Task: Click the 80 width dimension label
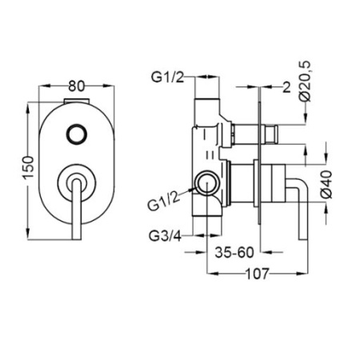[76, 86]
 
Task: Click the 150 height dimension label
[29, 168]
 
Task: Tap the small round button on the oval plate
[77, 134]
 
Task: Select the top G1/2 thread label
[168, 78]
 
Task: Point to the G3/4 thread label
[165, 236]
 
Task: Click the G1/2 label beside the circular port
[163, 202]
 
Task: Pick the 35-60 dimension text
[234, 252]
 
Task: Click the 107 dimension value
[257, 274]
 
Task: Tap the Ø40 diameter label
[327, 184]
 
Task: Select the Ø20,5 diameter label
[306, 82]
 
